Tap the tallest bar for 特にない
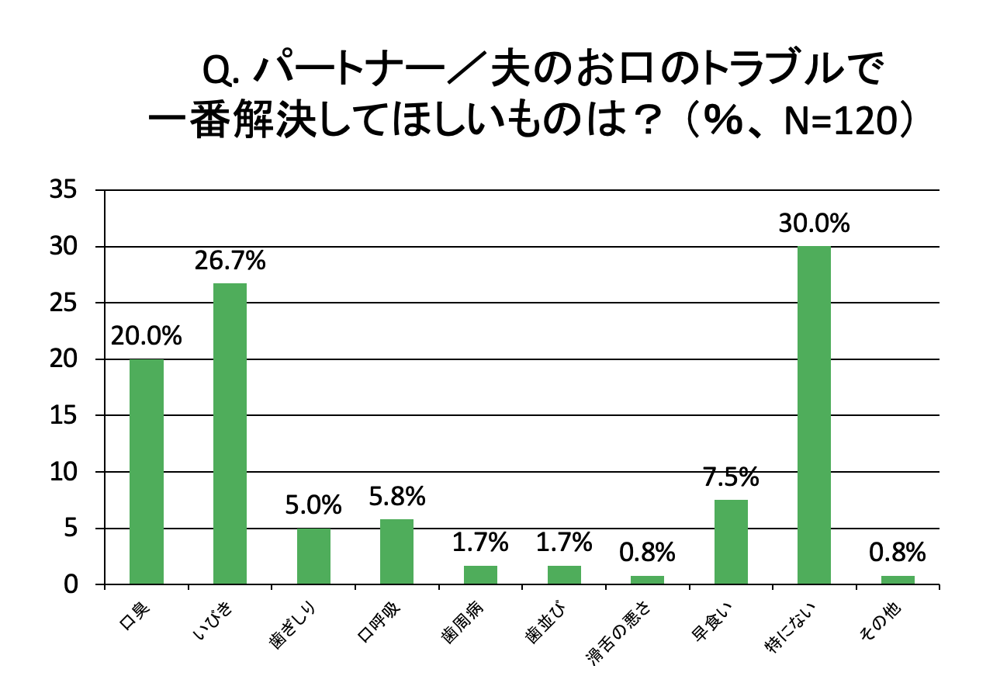pos(814,415)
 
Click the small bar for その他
pos(898,580)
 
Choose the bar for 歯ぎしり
pos(313,556)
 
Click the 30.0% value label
pos(815,224)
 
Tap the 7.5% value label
pos(731,477)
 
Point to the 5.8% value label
pos(396,495)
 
